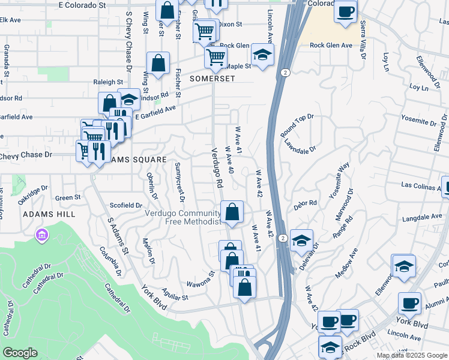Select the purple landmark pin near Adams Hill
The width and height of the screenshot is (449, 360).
[x=41, y=235]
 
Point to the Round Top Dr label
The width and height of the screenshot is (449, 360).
[x=297, y=125]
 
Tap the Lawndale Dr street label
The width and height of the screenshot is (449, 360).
[x=300, y=146]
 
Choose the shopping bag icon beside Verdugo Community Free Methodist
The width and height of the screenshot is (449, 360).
[x=232, y=212]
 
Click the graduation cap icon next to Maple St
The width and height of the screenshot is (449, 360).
[x=262, y=55]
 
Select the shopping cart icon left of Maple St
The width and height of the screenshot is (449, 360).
[x=215, y=58]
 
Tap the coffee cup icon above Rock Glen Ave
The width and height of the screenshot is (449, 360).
[x=345, y=11]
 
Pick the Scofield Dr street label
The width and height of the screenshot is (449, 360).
[x=125, y=205]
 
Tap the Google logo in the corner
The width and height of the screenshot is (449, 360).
[x=20, y=353]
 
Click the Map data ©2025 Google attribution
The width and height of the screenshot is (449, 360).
[x=412, y=355]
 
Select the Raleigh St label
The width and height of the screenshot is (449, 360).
[x=108, y=82]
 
